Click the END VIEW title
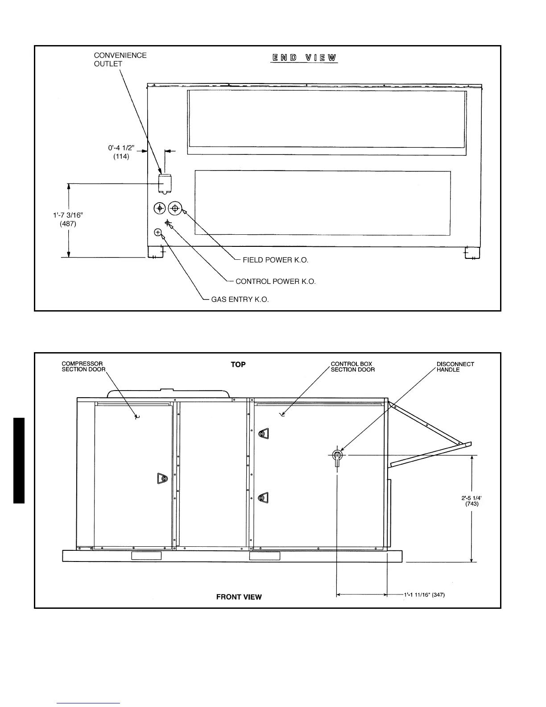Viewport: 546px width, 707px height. point(304,58)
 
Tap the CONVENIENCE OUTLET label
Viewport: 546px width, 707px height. point(120,59)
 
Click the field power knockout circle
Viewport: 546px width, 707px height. point(175,208)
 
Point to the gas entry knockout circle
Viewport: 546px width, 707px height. point(158,232)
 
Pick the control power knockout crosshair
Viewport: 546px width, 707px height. point(168,222)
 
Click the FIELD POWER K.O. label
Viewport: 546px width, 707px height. point(275,260)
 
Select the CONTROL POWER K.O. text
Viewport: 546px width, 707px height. point(275,282)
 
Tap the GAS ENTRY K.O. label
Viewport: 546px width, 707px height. point(240,299)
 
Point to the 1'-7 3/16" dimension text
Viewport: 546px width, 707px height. point(68,220)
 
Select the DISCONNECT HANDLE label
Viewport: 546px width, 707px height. point(455,367)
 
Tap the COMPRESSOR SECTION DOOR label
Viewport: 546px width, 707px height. point(83,366)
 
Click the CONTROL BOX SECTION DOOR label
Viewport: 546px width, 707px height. point(352,366)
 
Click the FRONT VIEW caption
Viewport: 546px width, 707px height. point(239,597)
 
